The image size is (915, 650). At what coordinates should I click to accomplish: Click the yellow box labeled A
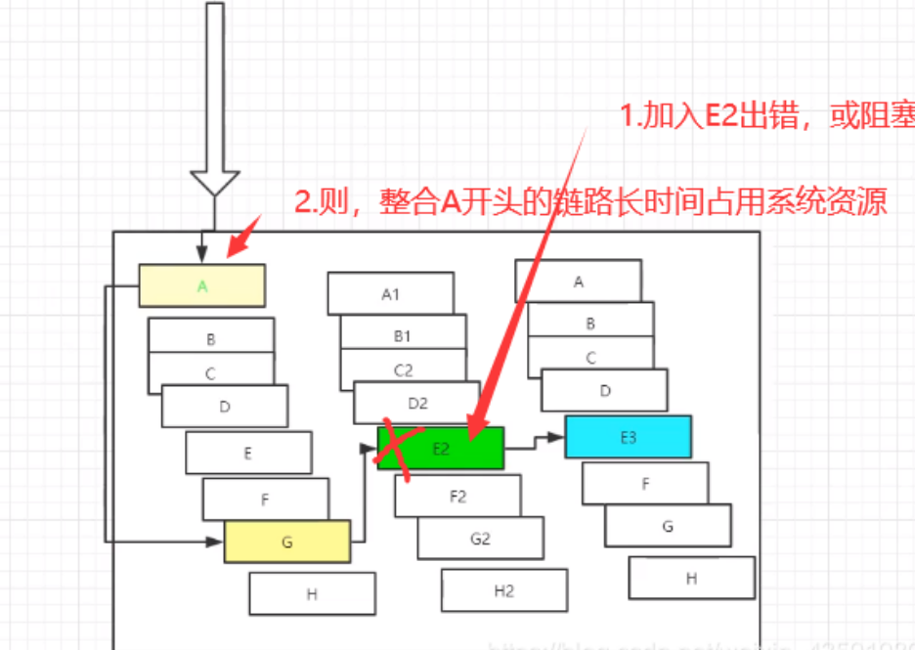coord(201,285)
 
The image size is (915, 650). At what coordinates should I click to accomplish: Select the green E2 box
coord(441,448)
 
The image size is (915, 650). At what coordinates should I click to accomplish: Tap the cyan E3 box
coord(628,437)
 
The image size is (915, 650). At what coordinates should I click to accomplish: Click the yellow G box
coord(287,542)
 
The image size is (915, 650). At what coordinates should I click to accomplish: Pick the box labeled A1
coord(390,292)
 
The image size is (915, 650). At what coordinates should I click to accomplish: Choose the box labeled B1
coord(402,334)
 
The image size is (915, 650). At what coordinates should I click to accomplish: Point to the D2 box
coord(417,402)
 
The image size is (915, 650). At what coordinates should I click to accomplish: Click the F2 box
coord(457,496)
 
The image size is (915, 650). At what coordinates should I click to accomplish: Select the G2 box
coord(480,538)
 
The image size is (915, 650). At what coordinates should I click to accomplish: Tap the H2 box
coord(504,590)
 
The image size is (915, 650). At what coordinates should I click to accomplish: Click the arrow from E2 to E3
coord(535,443)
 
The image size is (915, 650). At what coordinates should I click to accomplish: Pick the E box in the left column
coord(248,453)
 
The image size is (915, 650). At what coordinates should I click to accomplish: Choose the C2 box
coord(403,369)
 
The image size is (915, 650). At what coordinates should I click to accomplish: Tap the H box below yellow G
coord(312,593)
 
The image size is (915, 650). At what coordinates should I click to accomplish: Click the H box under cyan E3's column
coord(691,578)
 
